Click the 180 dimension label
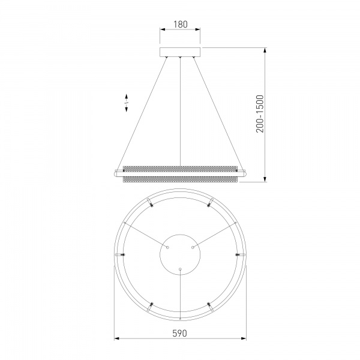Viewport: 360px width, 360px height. tap(180, 24)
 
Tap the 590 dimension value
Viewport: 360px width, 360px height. tap(180, 334)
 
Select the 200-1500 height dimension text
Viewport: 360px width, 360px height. tap(260, 114)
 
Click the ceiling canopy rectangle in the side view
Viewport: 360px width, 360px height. tap(180, 52)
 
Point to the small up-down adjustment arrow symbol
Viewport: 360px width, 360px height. tap(126, 103)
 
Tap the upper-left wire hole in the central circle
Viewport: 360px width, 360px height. tap(167, 247)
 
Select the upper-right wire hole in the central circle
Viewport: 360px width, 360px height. tap(193, 247)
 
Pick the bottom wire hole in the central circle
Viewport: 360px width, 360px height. tap(180, 269)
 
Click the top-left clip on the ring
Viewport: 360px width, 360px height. tap(151, 203)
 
